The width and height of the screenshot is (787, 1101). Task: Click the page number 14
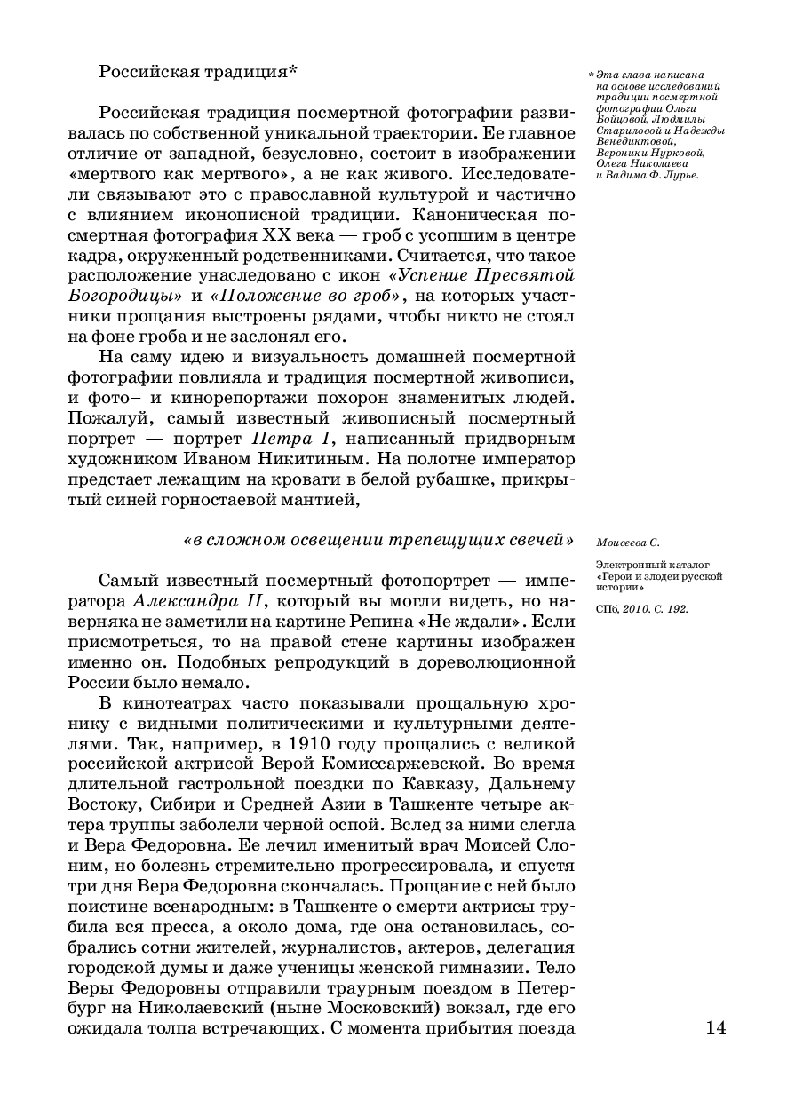click(716, 1028)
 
